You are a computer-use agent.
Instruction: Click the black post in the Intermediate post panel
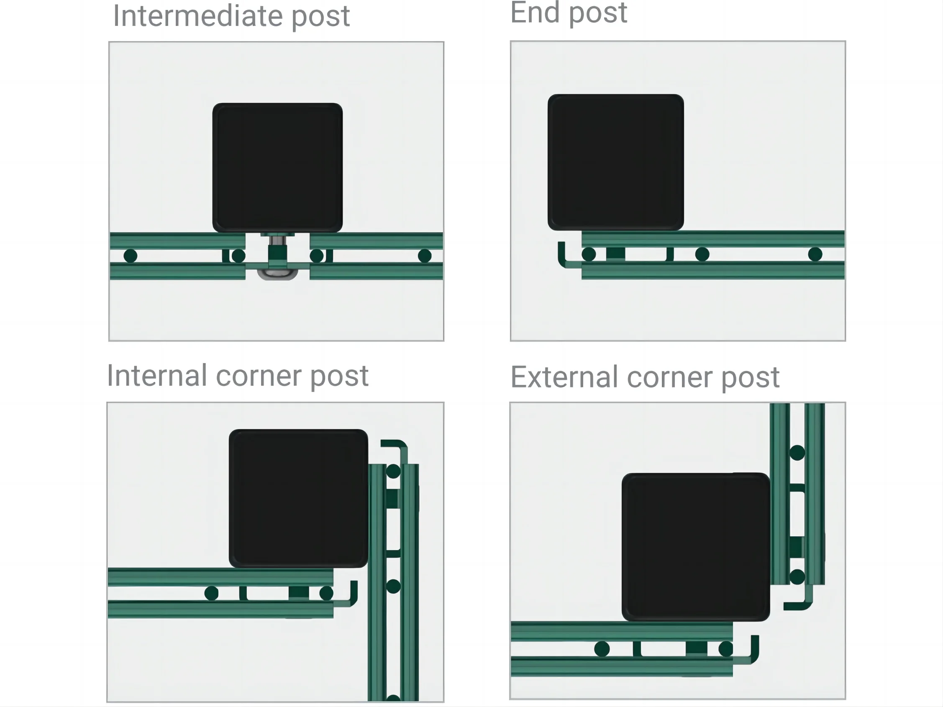tap(277, 167)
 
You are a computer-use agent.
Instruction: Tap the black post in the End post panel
tap(615, 162)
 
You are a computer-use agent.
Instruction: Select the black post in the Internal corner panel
tap(298, 498)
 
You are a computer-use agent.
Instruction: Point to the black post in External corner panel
tap(695, 547)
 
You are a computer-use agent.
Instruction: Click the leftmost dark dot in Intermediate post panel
tap(131, 256)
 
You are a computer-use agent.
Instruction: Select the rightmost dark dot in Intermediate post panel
tap(424, 256)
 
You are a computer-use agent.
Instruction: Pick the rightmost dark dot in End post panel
tap(815, 254)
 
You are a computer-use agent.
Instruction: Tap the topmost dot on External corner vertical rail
tap(797, 453)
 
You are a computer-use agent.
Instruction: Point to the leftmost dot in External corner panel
tap(602, 648)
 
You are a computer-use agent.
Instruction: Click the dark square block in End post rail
tap(615, 254)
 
